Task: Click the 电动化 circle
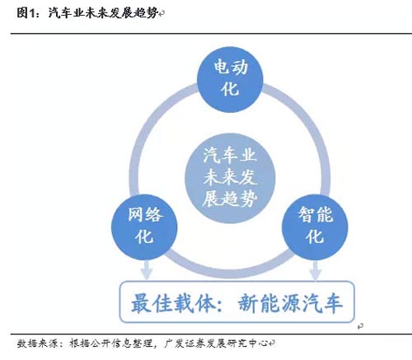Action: click(x=230, y=79)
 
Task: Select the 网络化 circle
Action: click(x=144, y=227)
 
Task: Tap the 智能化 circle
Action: click(x=315, y=227)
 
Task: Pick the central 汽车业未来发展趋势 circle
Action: click(x=230, y=178)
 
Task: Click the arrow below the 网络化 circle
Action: click(x=147, y=270)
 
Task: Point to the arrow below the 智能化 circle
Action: click(x=316, y=270)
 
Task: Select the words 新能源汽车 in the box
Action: click(x=290, y=303)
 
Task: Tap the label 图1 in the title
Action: click(x=26, y=12)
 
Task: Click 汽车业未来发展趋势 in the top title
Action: click(x=103, y=12)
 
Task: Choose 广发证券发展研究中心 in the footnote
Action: click(x=216, y=344)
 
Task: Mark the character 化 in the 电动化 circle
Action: click(x=230, y=89)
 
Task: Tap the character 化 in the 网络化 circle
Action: click(x=144, y=236)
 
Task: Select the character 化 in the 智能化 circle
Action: click(x=315, y=236)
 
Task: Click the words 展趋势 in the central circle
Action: click(x=230, y=199)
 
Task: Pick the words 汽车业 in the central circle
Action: click(x=230, y=156)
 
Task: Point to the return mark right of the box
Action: click(x=360, y=326)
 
